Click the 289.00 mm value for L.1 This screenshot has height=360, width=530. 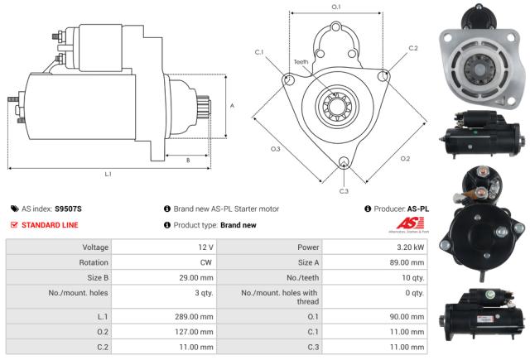coord(195,316)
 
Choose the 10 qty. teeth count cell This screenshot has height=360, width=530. coord(408,277)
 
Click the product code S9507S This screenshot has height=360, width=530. coord(68,209)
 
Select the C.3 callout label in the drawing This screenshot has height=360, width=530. coord(344,191)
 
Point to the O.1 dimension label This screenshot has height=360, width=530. coord(336,7)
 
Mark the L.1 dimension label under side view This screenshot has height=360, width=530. coord(108,174)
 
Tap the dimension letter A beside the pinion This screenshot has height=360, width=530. coord(232,105)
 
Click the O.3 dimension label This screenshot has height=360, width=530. coord(275,149)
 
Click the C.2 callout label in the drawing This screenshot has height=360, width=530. coord(413,48)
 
